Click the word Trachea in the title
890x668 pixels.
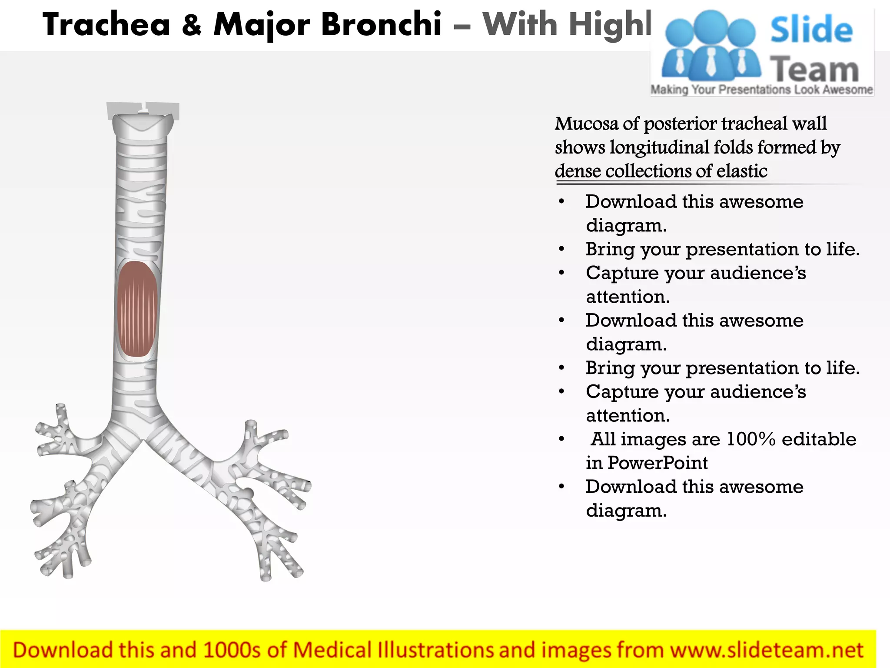tap(106, 24)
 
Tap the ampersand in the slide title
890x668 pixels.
tap(192, 24)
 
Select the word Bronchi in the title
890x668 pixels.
tap(381, 24)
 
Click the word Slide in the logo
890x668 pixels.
tap(811, 30)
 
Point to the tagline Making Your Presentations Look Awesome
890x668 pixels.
tap(761, 90)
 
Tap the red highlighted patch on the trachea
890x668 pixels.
tap(137, 309)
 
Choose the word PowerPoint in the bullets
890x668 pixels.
tap(658, 463)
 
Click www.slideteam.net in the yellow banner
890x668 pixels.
tap(766, 650)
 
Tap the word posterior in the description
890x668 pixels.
tap(680, 124)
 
